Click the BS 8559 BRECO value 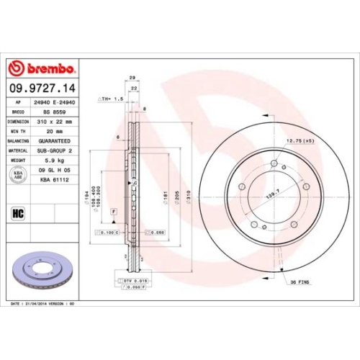(x=49, y=114)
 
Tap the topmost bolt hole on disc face (x=274, y=165)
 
